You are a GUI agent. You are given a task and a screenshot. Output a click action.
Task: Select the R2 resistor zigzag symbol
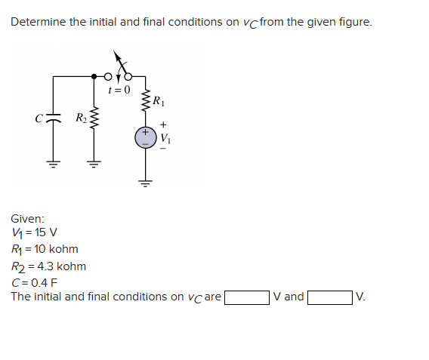click(94, 118)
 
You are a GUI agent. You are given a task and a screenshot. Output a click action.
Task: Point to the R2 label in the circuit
click(81, 118)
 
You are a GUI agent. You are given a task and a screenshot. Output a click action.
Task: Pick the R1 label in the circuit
click(157, 100)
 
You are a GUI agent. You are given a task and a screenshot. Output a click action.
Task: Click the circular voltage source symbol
click(145, 137)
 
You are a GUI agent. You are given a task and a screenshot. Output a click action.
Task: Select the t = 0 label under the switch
click(119, 90)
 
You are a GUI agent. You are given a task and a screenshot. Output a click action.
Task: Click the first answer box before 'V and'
click(247, 297)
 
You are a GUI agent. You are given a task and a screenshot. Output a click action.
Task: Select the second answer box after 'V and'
click(329, 297)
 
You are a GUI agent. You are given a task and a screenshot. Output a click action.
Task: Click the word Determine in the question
click(38, 22)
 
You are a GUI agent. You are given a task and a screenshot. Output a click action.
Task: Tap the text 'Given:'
click(27, 218)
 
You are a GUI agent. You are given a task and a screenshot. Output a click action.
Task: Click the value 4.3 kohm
click(60, 266)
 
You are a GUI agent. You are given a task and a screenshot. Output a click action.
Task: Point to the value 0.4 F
click(45, 282)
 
